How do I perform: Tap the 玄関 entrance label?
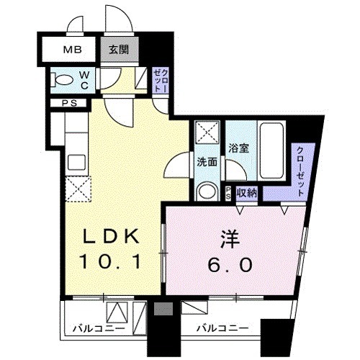pos(119,50)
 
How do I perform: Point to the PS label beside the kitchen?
pos(69,103)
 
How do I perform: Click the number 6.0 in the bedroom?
pos(230,265)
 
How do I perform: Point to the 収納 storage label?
pos(247,192)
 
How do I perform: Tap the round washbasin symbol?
pos(206,192)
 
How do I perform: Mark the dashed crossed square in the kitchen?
pos(77,189)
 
